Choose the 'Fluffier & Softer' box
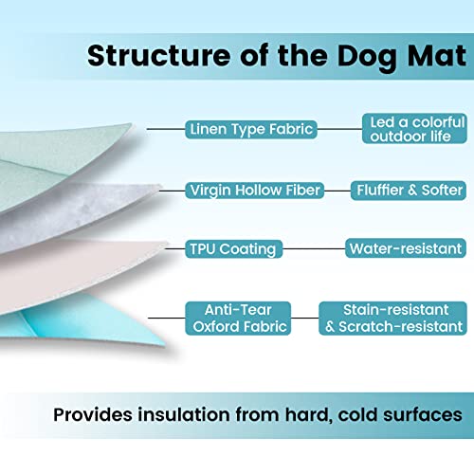tap(407, 191)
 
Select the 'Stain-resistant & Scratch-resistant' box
tap(392, 317)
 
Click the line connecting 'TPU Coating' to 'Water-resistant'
tap(313, 249)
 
